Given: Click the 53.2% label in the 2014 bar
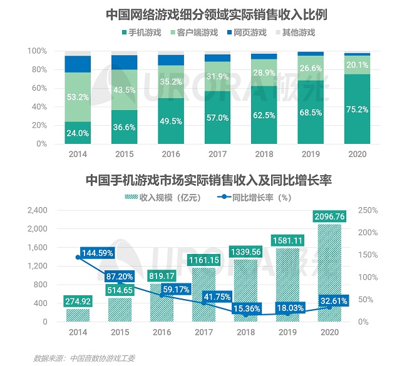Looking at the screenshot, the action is (x=78, y=97).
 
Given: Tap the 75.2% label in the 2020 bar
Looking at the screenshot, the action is (x=357, y=109).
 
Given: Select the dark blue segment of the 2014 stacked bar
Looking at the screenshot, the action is (x=78, y=64).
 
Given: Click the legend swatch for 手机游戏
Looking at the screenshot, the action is (x=125, y=33).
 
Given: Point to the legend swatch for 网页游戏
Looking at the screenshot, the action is (x=229, y=33).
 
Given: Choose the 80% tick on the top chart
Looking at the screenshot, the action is (x=39, y=69).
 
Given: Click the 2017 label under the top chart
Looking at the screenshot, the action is (x=217, y=154).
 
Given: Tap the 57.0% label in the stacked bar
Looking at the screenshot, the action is (x=217, y=118).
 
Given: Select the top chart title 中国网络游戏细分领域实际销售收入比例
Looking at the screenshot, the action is (x=217, y=14).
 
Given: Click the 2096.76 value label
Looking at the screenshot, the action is (x=329, y=216).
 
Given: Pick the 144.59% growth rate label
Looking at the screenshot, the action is (x=97, y=253).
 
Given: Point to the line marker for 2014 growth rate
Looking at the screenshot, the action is (x=78, y=257).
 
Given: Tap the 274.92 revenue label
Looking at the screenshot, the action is (x=78, y=302).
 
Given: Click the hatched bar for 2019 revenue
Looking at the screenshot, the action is (x=287, y=285).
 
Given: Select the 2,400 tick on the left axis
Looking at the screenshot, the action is (x=38, y=210).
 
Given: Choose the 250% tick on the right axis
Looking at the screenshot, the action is (x=368, y=210).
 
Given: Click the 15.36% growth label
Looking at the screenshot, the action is (x=246, y=308).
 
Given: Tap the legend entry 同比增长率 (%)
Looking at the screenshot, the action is (x=254, y=198).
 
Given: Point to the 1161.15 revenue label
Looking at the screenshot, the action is (x=203, y=260).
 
